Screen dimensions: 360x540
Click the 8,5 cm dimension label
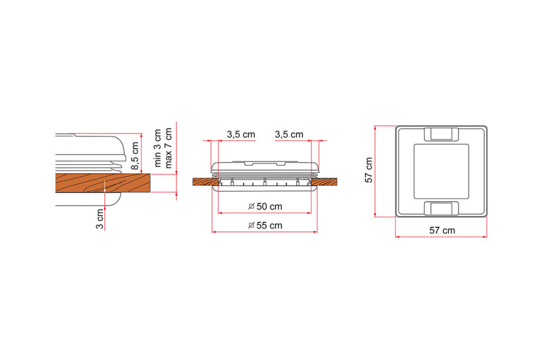(x=135, y=154)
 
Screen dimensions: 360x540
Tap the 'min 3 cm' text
(x=158, y=148)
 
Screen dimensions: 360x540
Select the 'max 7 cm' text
(x=168, y=148)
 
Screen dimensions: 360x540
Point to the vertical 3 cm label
(x=99, y=218)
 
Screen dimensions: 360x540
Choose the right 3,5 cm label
(x=289, y=134)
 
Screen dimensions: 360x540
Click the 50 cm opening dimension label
(x=265, y=206)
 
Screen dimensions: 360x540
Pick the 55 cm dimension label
(x=265, y=226)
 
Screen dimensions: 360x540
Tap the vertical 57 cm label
(x=369, y=171)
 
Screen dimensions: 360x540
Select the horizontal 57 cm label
(x=442, y=230)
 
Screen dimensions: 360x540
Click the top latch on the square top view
(x=441, y=133)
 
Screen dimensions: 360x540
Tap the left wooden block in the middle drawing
(x=206, y=182)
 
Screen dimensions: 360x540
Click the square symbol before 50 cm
(x=251, y=206)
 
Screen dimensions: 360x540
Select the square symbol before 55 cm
(x=251, y=226)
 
